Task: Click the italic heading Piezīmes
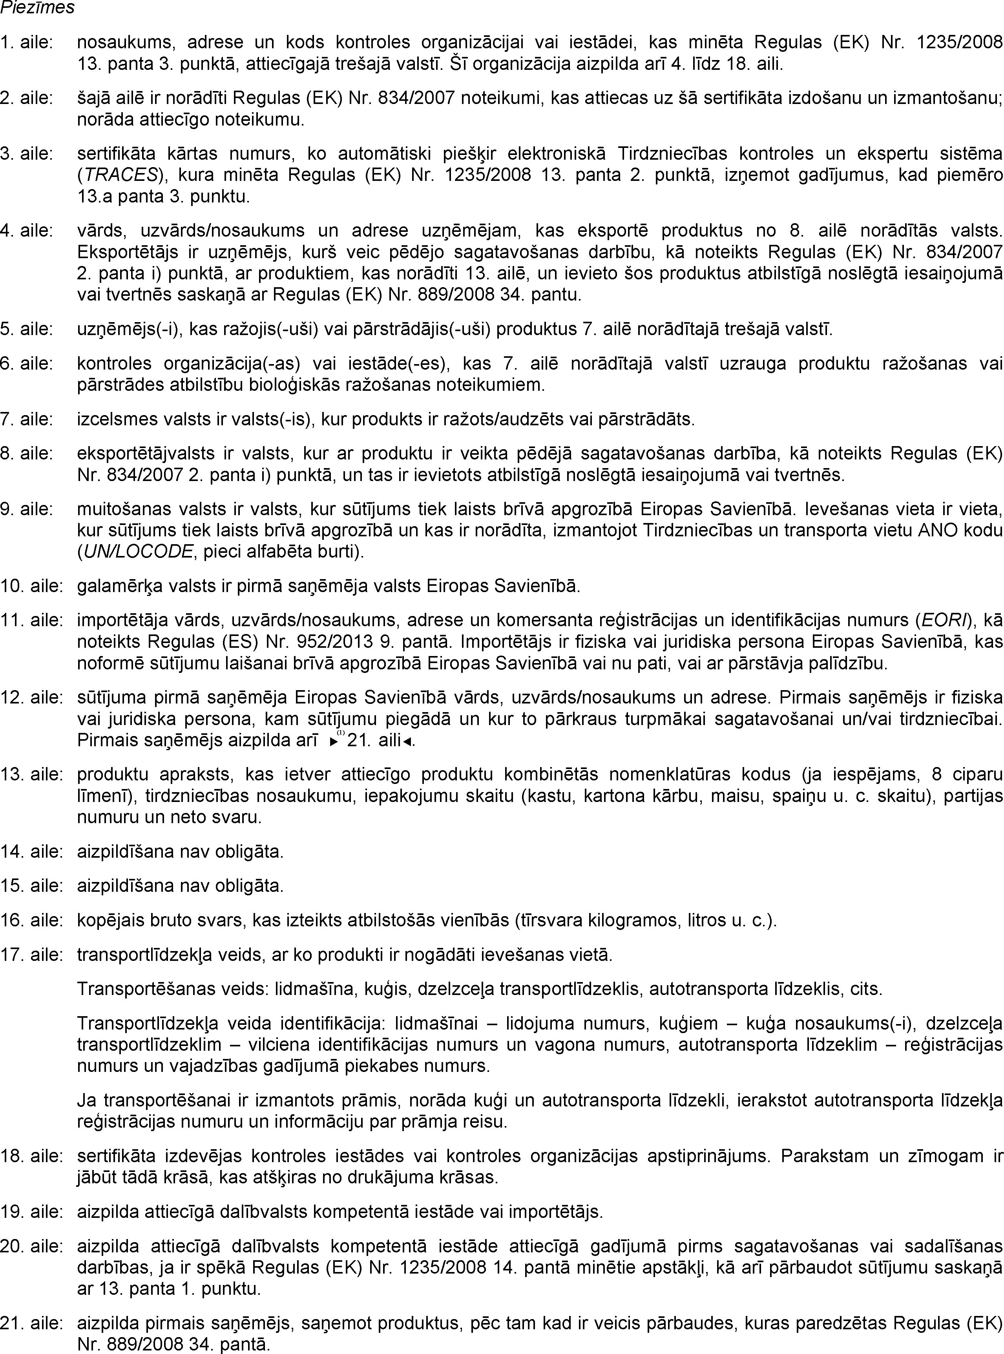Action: [x=38, y=8]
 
